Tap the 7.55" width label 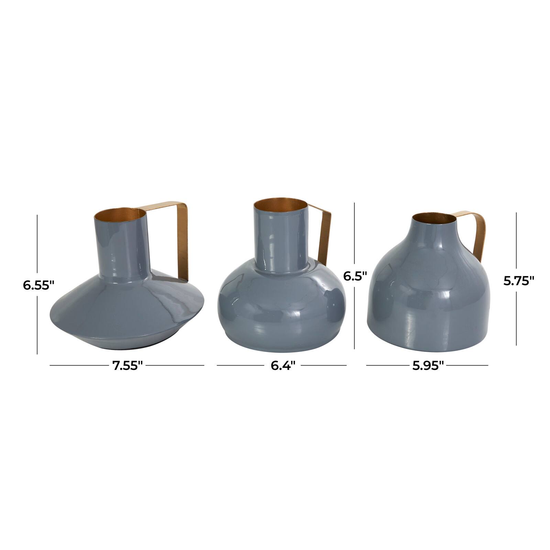tap(128, 366)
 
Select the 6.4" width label tap(283, 366)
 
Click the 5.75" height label tap(518, 282)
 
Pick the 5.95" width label tap(428, 366)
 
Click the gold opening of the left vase tap(120, 215)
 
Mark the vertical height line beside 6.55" tap(37, 241)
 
